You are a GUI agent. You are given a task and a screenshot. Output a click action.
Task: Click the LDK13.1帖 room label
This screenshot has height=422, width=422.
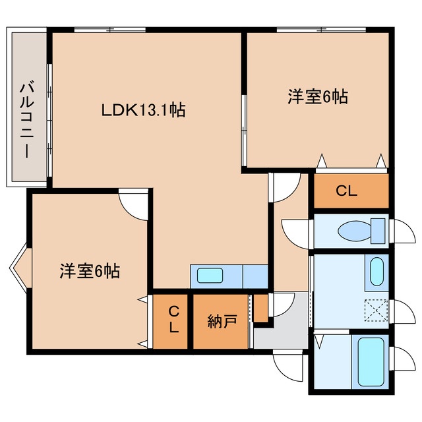[x=144, y=110]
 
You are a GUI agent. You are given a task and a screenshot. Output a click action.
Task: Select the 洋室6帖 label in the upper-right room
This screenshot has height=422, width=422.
[x=318, y=97]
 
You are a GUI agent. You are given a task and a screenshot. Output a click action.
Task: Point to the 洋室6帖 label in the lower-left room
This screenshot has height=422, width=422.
[x=90, y=271]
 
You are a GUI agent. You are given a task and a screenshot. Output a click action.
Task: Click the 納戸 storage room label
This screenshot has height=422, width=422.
[x=222, y=321]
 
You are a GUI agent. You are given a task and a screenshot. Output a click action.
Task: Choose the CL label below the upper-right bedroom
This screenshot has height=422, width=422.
[x=346, y=191]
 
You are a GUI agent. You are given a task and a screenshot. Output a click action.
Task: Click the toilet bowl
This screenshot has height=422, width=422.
[x=355, y=231]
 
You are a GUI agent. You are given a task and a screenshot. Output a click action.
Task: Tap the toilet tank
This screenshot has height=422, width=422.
[x=378, y=231]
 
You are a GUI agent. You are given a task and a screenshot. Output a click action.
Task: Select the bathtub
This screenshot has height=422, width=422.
[x=371, y=361]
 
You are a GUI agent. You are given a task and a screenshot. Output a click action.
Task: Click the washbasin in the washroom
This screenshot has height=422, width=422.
[x=377, y=272]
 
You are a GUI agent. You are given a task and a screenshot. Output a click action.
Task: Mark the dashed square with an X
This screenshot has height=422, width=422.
[x=377, y=311]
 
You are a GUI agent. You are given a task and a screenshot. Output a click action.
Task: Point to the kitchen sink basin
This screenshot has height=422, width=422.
[x=210, y=276]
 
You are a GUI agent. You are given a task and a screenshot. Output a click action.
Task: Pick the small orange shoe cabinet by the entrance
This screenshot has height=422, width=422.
[x=261, y=308]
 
